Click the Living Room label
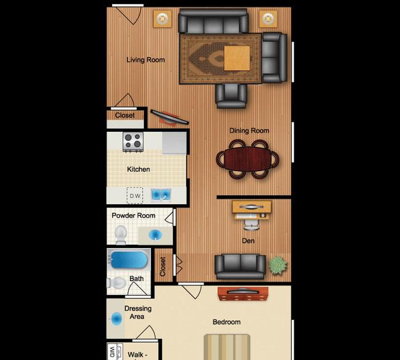[146, 60]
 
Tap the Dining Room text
[249, 130]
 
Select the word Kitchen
[138, 169]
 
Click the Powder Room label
[134, 215]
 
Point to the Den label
[248, 241]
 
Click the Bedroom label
[226, 322]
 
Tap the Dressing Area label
[138, 313]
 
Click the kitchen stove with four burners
[133, 142]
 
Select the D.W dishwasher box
[135, 196]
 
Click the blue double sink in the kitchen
[161, 194]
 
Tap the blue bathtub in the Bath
[129, 260]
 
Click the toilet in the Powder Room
[121, 234]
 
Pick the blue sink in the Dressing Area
[117, 319]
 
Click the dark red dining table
[247, 159]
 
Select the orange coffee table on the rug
[237, 58]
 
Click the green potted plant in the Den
[278, 266]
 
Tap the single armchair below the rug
[231, 96]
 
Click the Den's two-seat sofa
[240, 266]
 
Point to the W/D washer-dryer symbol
[113, 351]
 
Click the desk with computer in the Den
[252, 210]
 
